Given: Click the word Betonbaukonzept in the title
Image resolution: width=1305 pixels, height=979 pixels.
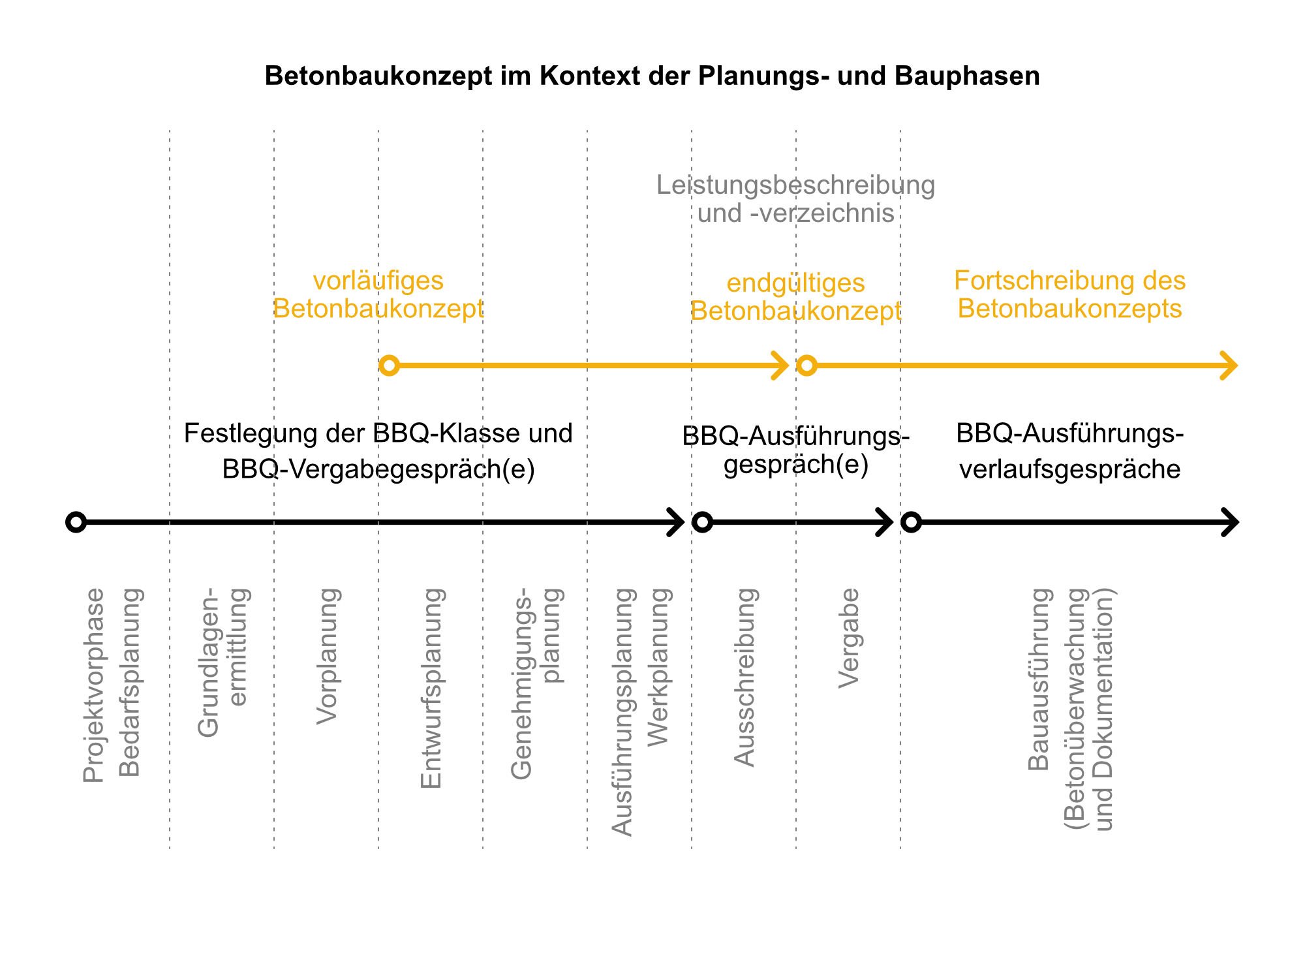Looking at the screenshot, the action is coord(378,76).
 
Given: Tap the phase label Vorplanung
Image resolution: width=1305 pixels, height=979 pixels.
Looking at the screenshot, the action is coord(327,656).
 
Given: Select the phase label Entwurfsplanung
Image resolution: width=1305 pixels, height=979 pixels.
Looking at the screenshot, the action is coord(431,688).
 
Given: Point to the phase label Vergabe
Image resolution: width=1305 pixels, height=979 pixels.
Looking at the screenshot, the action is coord(849,638).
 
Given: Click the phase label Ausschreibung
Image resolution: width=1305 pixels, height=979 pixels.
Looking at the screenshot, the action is coord(745,677).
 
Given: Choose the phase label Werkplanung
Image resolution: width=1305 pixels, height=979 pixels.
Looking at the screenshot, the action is coord(658,666).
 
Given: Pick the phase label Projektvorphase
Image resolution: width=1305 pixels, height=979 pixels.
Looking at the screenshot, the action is coord(93,685).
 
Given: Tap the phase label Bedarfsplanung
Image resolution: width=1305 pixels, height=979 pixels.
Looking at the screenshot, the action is coord(130,682).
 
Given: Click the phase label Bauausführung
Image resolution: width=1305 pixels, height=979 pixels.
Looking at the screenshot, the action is coord(1039,679).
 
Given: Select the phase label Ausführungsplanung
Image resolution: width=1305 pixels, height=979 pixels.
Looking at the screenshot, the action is coord(622,711).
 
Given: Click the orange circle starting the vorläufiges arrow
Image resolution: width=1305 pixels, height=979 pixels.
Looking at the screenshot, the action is coord(389,365).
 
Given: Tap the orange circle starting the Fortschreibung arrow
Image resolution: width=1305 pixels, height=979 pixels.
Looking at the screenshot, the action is coord(806,365).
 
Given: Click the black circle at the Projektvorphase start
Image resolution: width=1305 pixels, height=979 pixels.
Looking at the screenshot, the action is coord(76,522).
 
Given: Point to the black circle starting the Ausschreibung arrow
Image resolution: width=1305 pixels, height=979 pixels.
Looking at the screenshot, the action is coord(702,522).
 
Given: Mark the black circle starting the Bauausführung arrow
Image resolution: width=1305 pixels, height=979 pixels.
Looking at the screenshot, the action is coord(911,522).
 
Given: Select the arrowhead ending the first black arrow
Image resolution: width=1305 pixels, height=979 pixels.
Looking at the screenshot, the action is coord(677,522).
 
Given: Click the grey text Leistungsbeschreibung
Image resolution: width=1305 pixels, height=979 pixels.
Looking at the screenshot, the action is coord(795,185).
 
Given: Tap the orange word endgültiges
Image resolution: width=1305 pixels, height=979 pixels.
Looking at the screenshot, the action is coord(795,283).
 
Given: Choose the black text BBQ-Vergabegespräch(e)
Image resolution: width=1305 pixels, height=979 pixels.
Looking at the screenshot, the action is coord(378,469).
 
